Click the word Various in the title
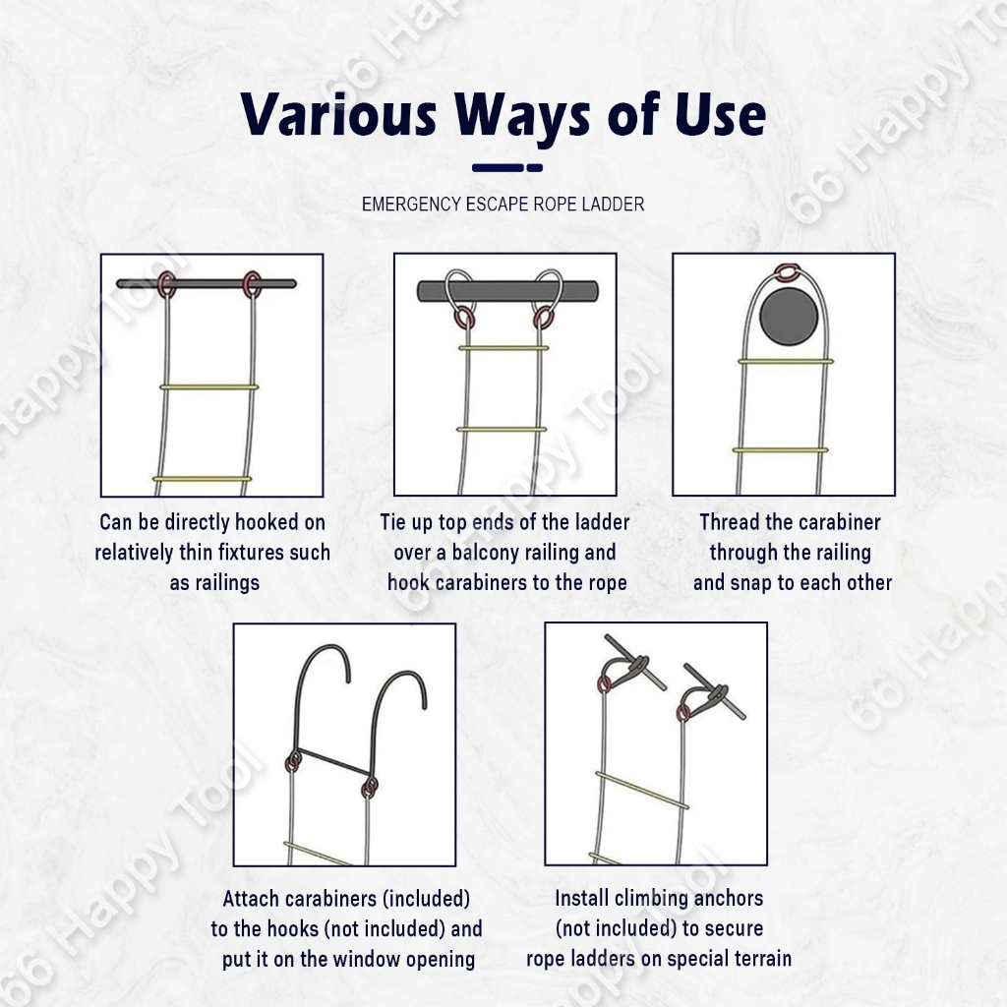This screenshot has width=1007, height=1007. pyautogui.click(x=339, y=114)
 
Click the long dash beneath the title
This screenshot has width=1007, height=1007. pyautogui.click(x=498, y=167)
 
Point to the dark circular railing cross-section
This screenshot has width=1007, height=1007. pyautogui.click(x=789, y=316)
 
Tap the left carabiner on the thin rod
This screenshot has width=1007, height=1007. pyautogui.click(x=167, y=284)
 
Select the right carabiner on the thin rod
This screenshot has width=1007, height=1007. pyautogui.click(x=253, y=284)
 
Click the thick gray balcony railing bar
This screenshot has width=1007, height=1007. pyautogui.click(x=507, y=291)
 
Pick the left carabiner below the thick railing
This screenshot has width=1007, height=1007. pyautogui.click(x=465, y=319)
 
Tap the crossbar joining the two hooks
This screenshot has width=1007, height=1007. pyautogui.click(x=332, y=762)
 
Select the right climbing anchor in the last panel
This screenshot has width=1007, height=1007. pyautogui.click(x=714, y=691)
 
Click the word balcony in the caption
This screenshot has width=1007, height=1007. pyautogui.click(x=490, y=553)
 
